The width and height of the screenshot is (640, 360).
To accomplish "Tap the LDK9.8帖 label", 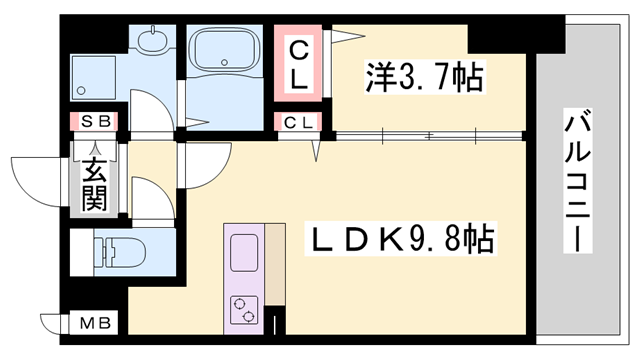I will click(400, 238).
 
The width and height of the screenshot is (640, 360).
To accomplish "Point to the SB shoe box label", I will click(96, 122).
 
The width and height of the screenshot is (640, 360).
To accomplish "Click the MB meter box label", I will click(96, 324).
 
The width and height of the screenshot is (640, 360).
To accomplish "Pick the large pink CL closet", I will click(299, 62).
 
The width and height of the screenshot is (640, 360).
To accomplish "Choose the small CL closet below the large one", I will click(299, 123).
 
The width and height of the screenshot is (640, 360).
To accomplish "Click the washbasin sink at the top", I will click(153, 43).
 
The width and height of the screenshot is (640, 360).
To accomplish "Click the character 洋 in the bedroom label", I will click(378, 76).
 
